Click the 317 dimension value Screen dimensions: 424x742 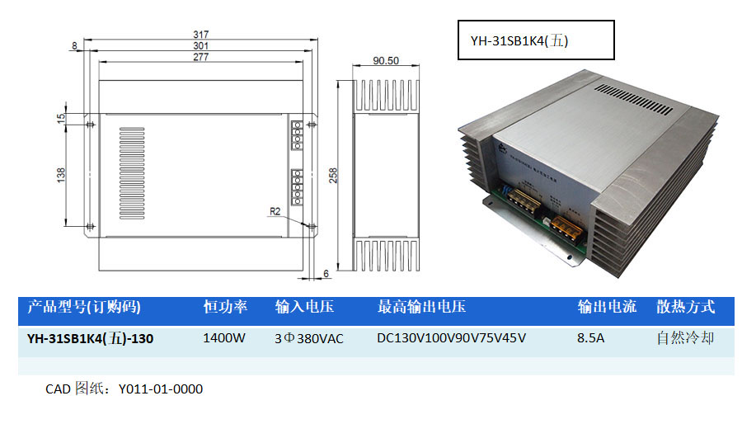[200, 35]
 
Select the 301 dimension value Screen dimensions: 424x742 [200, 45]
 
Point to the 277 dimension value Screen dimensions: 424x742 [200, 57]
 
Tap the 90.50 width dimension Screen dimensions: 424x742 [386, 61]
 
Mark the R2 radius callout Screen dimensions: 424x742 [276, 211]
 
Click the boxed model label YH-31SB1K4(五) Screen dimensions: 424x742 [519, 40]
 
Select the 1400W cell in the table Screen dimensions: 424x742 [225, 338]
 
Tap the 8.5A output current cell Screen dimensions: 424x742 [593, 338]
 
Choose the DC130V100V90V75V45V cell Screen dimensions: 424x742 [451, 338]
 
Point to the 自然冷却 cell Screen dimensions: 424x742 [685, 338]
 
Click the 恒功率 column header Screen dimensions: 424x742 [225, 308]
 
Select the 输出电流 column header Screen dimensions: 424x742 [607, 308]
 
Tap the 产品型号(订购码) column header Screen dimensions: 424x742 [84, 308]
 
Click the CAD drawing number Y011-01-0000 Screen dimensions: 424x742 [161, 389]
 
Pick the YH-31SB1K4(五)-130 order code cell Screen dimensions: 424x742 [90, 338]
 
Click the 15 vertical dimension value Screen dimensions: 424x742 [60, 118]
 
